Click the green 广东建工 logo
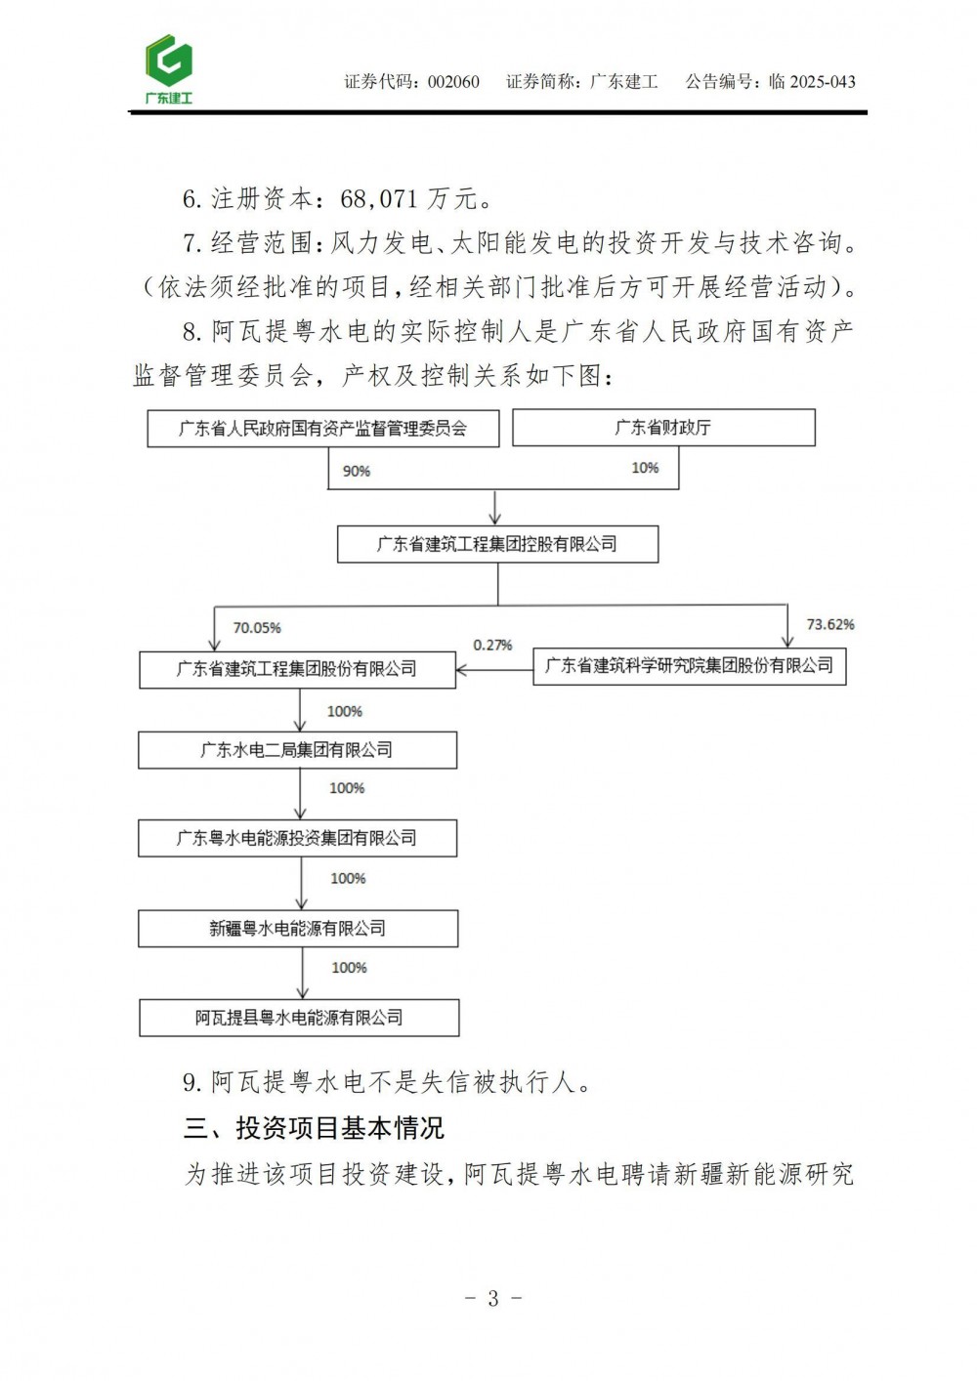169,69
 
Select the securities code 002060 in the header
454,82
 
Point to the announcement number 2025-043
823,82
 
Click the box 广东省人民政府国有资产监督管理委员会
322,428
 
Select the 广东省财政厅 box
663,427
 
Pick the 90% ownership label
357,471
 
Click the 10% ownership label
645,468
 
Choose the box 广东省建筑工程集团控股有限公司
497,544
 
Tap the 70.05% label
257,628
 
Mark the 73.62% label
830,624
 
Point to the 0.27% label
493,645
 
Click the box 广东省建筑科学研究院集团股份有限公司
689,666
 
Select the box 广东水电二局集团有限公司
297,750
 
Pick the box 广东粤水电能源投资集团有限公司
297,838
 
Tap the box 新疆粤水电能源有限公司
297,928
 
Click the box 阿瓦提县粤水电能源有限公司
299,1018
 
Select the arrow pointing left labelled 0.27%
493,669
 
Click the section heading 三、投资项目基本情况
314,1128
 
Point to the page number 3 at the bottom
492,1298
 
